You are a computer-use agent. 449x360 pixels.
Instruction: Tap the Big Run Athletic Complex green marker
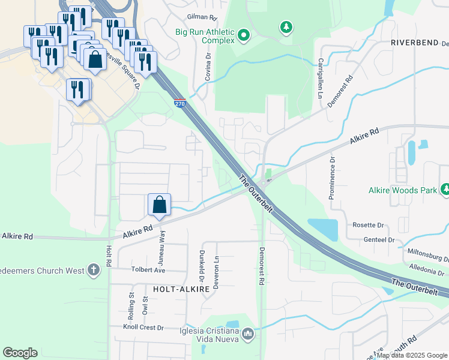pyautogui.click(x=244, y=36)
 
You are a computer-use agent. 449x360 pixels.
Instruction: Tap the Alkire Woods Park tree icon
pyautogui.click(x=445, y=190)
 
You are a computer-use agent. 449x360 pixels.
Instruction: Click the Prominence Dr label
pyautogui.click(x=331, y=178)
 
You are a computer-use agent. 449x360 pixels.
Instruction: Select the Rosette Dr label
pyautogui.click(x=368, y=225)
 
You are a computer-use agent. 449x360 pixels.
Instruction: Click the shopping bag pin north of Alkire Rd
pyautogui.click(x=160, y=205)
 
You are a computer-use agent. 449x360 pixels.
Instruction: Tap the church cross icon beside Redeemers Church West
pyautogui.click(x=93, y=270)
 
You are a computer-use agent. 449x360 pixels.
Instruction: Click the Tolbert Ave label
pyautogui.click(x=148, y=270)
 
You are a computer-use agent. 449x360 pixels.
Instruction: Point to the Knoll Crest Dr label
pyautogui.click(x=143, y=328)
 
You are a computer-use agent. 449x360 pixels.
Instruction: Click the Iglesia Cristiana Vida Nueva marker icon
pyautogui.click(x=248, y=333)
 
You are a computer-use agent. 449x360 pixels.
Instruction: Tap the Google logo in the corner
pyautogui.click(x=20, y=353)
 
